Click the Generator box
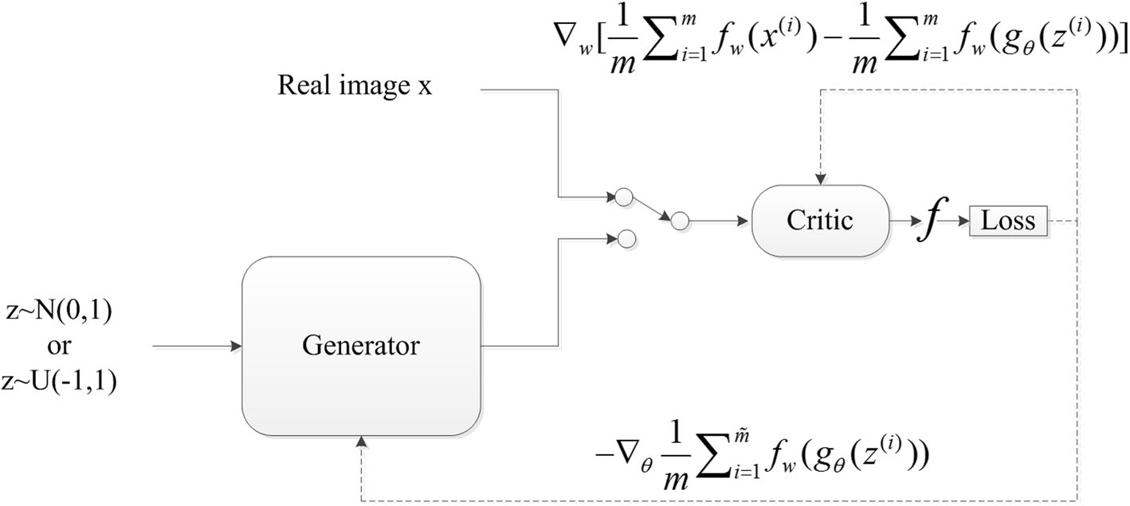click(361, 346)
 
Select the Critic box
click(820, 221)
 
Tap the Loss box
click(1006, 221)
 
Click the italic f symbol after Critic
click(929, 221)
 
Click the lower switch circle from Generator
click(625, 237)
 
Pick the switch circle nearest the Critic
click(679, 221)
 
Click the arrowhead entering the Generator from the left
click(236, 346)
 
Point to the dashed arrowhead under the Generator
click(363, 441)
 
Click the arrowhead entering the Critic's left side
click(746, 221)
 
